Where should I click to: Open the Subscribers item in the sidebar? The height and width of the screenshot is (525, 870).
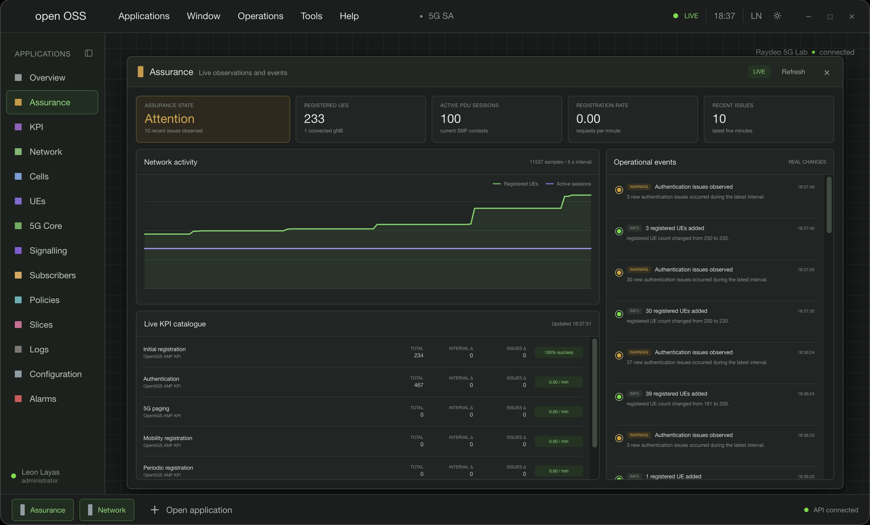pyautogui.click(x=52, y=275)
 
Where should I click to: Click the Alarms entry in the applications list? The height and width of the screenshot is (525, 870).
pyautogui.click(x=43, y=399)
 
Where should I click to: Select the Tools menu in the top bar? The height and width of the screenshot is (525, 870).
pyautogui.click(x=311, y=16)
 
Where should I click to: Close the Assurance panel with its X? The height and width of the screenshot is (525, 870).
pyautogui.click(x=826, y=73)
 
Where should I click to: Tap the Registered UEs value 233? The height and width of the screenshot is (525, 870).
pyautogui.click(x=314, y=119)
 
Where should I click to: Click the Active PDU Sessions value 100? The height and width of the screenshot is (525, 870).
pyautogui.click(x=450, y=119)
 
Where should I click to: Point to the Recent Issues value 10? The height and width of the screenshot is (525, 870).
pyautogui.click(x=719, y=119)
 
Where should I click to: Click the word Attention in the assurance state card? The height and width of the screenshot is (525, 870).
pyautogui.click(x=170, y=119)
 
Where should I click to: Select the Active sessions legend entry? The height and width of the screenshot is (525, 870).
pyautogui.click(x=568, y=184)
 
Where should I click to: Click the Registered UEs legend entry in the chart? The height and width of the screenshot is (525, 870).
pyautogui.click(x=516, y=184)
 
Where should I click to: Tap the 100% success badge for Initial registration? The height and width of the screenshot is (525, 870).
pyautogui.click(x=559, y=352)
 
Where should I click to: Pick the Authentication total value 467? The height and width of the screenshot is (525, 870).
pyautogui.click(x=418, y=385)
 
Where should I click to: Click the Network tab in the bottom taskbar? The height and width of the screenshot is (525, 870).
pyautogui.click(x=107, y=510)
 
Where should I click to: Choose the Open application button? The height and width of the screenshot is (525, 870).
pyautogui.click(x=191, y=510)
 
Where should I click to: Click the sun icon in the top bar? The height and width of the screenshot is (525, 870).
pyautogui.click(x=777, y=16)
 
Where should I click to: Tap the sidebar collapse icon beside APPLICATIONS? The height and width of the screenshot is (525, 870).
pyautogui.click(x=89, y=53)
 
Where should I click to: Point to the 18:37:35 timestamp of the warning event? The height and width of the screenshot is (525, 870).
pyautogui.click(x=806, y=270)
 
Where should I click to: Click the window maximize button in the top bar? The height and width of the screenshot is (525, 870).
pyautogui.click(x=830, y=17)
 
